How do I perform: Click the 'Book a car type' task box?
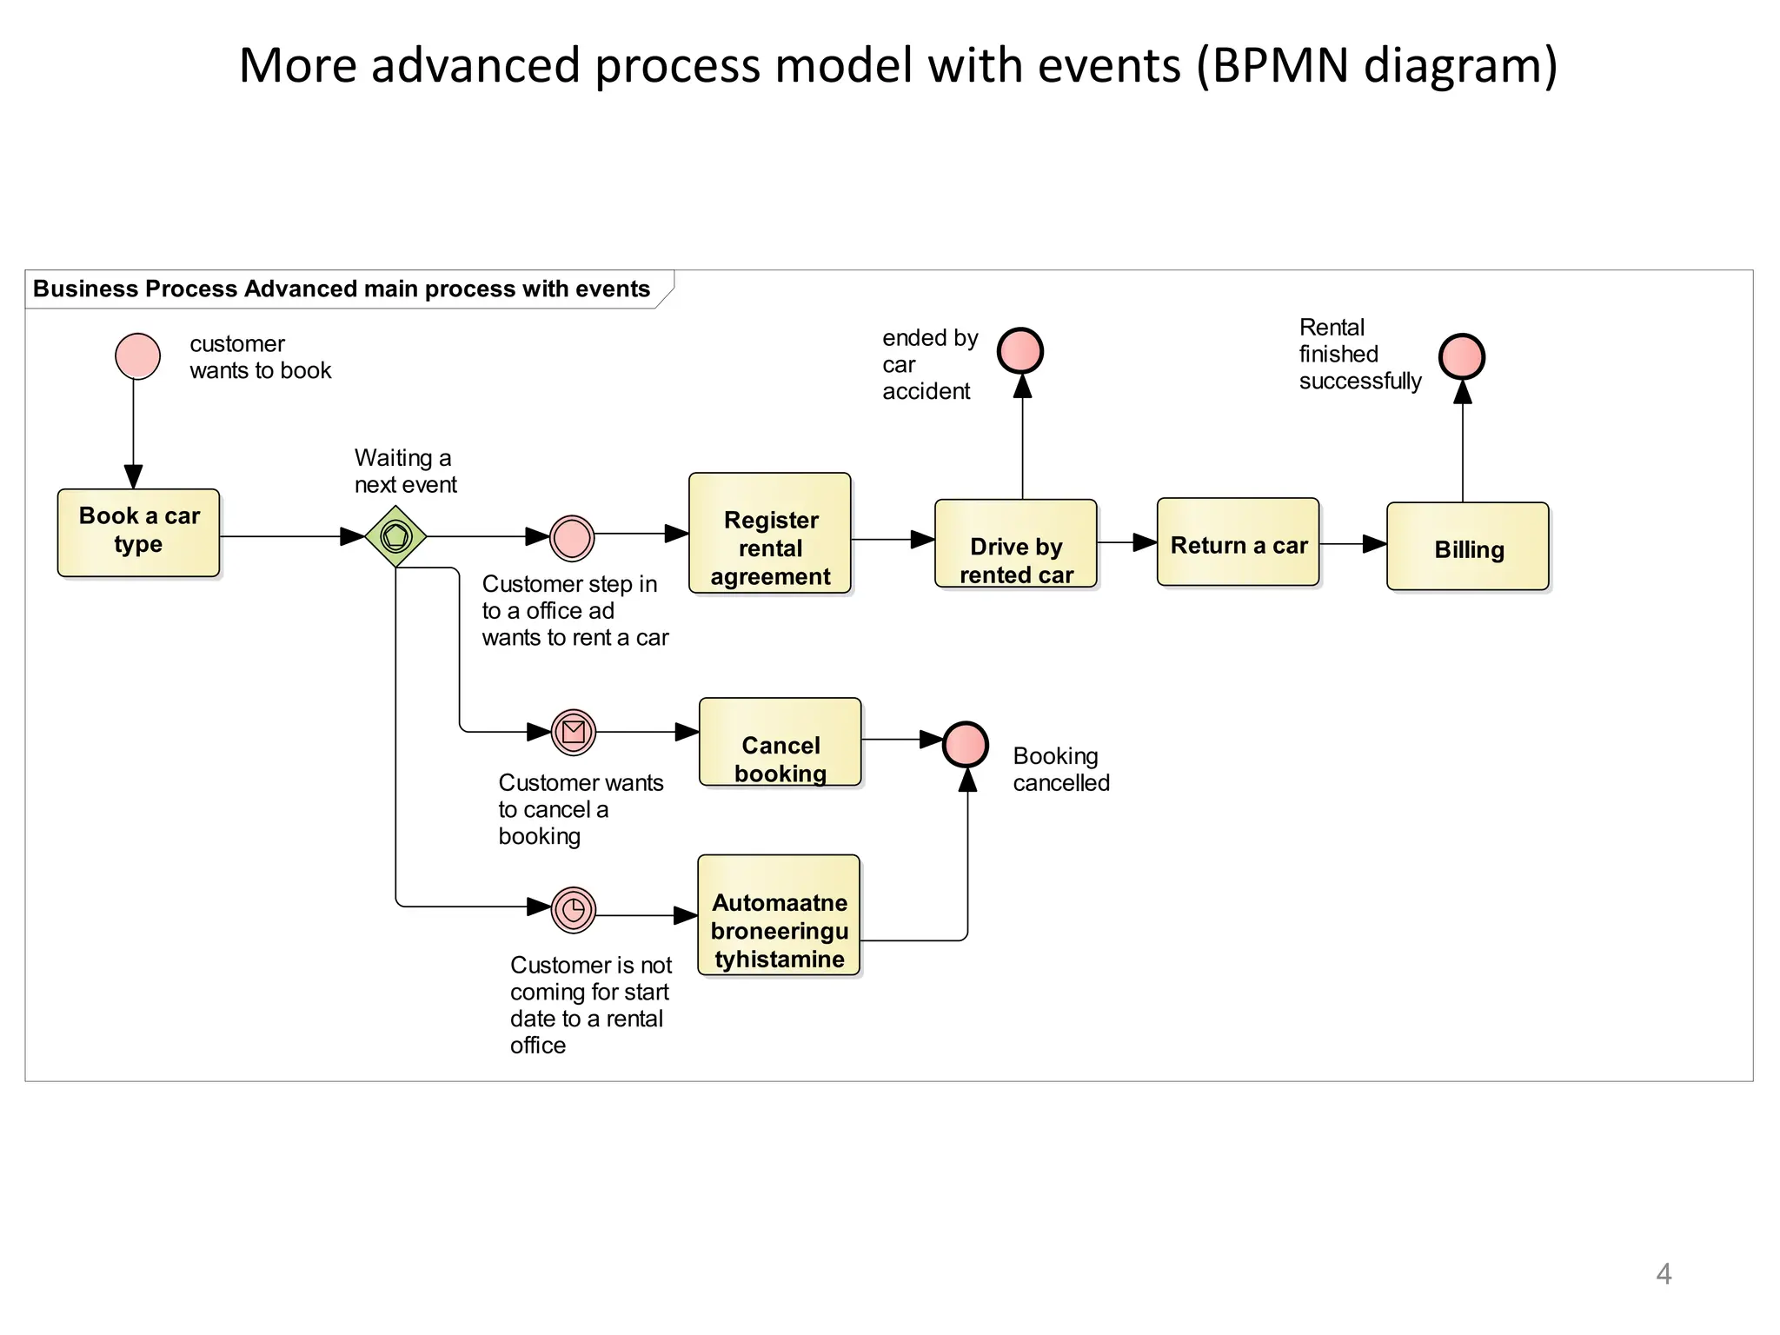[138, 532]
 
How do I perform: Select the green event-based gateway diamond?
[395, 536]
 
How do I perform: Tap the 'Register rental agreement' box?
[769, 534]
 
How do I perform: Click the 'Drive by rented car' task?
[1015, 543]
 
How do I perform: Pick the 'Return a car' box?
[1238, 541]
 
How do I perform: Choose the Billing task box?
[1467, 547]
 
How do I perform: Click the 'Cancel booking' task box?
[780, 741]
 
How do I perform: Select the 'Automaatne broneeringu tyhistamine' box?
[779, 915]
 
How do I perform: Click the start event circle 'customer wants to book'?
[137, 356]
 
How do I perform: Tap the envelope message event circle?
[573, 732]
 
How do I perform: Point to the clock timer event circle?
[573, 910]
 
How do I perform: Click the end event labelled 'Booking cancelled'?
[966, 744]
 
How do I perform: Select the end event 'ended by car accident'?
[1020, 350]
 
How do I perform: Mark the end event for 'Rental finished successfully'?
[1462, 356]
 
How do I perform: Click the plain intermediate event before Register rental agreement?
[572, 538]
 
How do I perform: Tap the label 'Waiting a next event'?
[405, 471]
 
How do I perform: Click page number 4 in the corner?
[1664, 1274]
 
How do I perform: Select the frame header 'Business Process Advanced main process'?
[342, 289]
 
